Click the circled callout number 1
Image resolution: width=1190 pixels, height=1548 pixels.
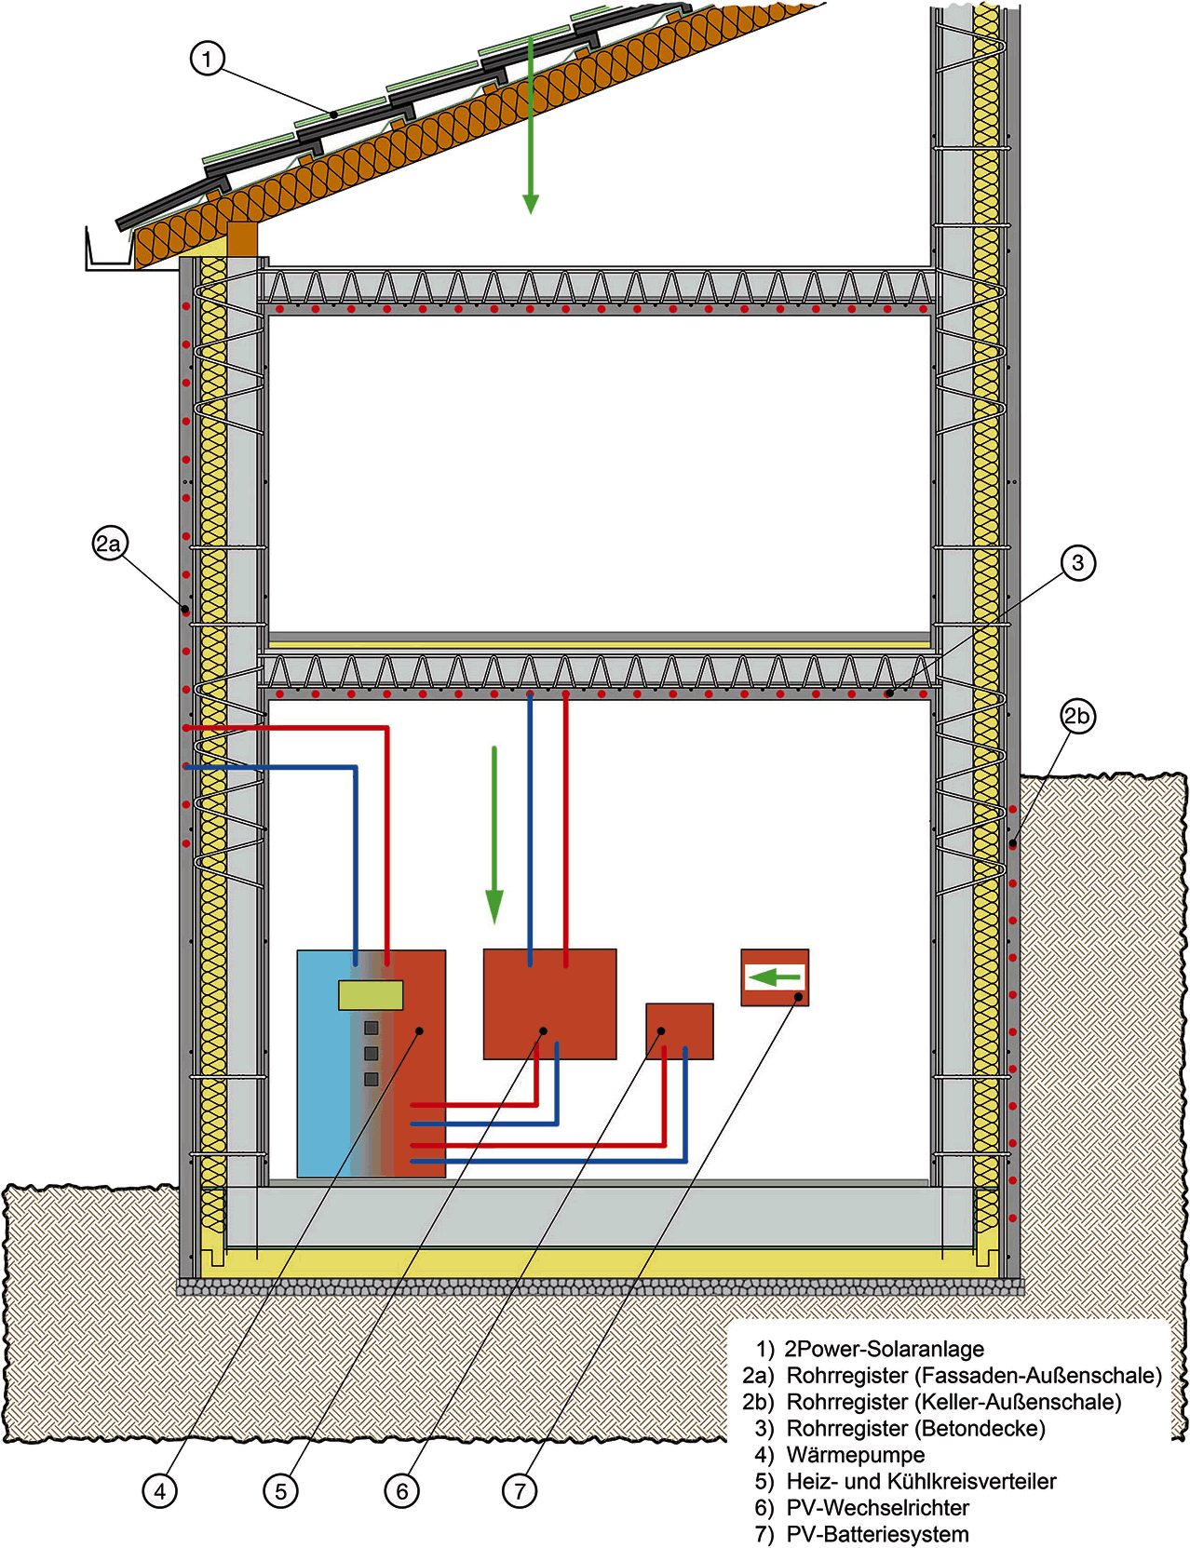(x=208, y=59)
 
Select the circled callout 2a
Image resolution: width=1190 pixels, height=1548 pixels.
(x=110, y=545)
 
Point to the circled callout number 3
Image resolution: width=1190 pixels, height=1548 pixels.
(x=1077, y=563)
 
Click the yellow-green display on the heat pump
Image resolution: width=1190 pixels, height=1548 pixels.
(x=371, y=995)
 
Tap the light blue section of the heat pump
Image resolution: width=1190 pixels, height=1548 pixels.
(x=324, y=1064)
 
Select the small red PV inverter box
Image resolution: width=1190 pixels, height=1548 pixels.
(x=679, y=1030)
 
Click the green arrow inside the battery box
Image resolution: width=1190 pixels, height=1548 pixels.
(x=775, y=977)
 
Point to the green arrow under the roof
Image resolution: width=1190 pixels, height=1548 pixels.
(x=530, y=125)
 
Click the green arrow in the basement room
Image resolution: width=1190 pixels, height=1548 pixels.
(x=494, y=835)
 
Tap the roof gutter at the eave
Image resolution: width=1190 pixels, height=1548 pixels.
(x=109, y=250)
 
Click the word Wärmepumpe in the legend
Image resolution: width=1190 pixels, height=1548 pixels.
(x=856, y=1455)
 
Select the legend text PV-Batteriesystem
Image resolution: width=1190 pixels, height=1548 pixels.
(x=877, y=1534)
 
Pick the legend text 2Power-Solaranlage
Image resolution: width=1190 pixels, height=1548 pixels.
(x=885, y=1349)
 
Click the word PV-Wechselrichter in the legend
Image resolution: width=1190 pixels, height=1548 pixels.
(x=878, y=1507)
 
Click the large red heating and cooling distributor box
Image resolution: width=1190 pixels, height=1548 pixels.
(x=550, y=1003)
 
